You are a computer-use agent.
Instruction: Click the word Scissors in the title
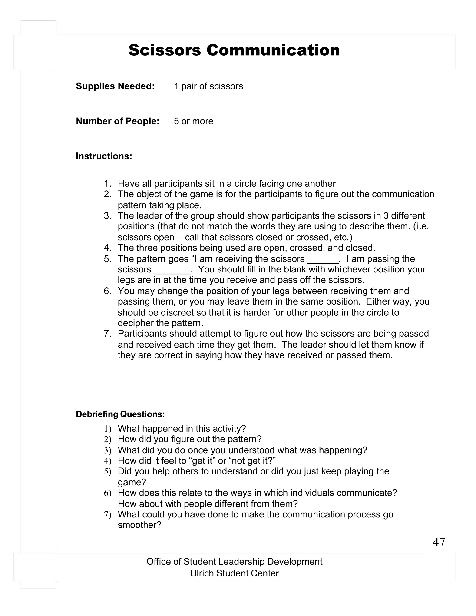tap(165, 50)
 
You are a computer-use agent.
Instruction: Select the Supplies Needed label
tap(115, 86)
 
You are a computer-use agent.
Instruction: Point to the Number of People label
tap(117, 121)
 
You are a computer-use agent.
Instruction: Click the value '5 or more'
tap(193, 121)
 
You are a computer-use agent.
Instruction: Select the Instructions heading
tap(104, 156)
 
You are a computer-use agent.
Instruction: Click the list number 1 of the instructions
tap(107, 184)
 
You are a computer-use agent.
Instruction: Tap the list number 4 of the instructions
tap(107, 248)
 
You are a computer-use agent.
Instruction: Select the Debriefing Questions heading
tap(120, 414)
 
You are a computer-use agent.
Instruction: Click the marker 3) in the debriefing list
tap(107, 450)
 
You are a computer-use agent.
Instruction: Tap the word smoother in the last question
tap(139, 525)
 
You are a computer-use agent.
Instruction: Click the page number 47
tap(439, 542)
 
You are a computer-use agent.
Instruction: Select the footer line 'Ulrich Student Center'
tap(234, 573)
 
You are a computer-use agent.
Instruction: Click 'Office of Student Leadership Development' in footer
tap(234, 562)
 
